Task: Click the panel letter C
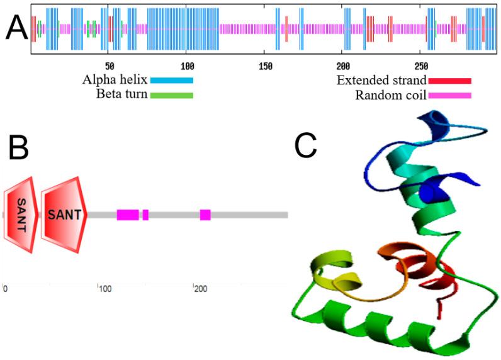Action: coord(306,145)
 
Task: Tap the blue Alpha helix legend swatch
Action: coord(171,80)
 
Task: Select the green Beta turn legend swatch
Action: coord(171,96)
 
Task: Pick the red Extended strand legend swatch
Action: coord(449,80)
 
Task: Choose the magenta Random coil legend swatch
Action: coord(449,96)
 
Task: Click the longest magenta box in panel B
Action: coord(128,215)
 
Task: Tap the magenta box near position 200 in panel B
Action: coord(205,215)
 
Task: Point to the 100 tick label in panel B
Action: coord(105,289)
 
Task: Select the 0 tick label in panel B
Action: coord(5,289)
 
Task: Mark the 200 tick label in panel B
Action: coord(200,289)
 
